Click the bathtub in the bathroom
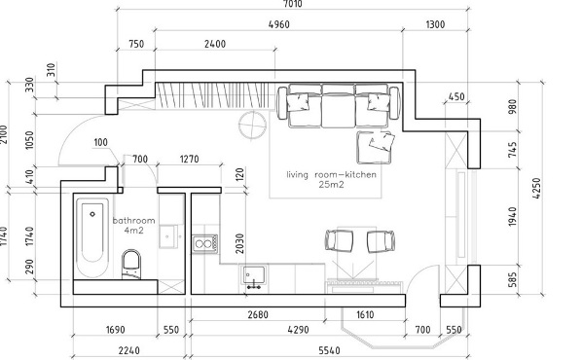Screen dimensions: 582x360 [92, 237]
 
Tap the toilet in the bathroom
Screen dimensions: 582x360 [131, 265]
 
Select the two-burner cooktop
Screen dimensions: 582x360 [204, 244]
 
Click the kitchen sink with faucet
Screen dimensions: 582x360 [254, 276]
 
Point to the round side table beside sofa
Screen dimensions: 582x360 [252, 126]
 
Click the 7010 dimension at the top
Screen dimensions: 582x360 [293, 4]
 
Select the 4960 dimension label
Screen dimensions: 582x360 [278, 24]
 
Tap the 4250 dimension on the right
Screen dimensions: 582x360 [536, 189]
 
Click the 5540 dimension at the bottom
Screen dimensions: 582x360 [329, 350]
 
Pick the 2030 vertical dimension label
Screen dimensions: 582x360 [239, 243]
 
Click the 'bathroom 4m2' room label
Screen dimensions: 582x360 [134, 226]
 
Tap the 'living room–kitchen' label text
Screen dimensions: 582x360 [332, 174]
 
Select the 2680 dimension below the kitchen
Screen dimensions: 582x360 [258, 314]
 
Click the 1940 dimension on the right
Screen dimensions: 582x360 [512, 217]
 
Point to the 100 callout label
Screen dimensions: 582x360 [100, 142]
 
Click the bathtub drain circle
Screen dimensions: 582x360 [92, 214]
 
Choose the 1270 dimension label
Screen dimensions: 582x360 [190, 160]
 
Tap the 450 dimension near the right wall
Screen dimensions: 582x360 [456, 96]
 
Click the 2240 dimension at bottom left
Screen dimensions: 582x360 [129, 350]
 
